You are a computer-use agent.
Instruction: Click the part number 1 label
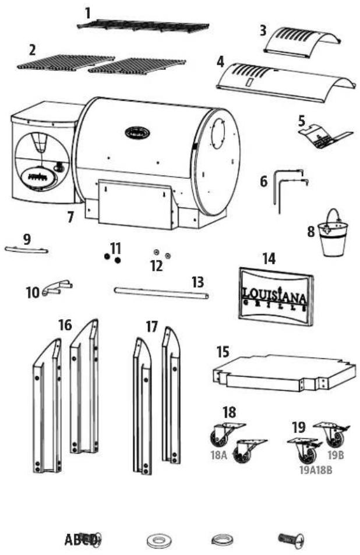click(x=88, y=12)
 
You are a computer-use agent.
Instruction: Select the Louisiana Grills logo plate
click(x=274, y=295)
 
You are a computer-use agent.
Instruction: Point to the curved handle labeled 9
click(x=26, y=250)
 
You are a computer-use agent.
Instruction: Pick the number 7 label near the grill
click(x=70, y=218)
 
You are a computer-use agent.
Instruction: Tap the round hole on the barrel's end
click(x=221, y=130)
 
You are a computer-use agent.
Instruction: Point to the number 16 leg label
click(x=65, y=325)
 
